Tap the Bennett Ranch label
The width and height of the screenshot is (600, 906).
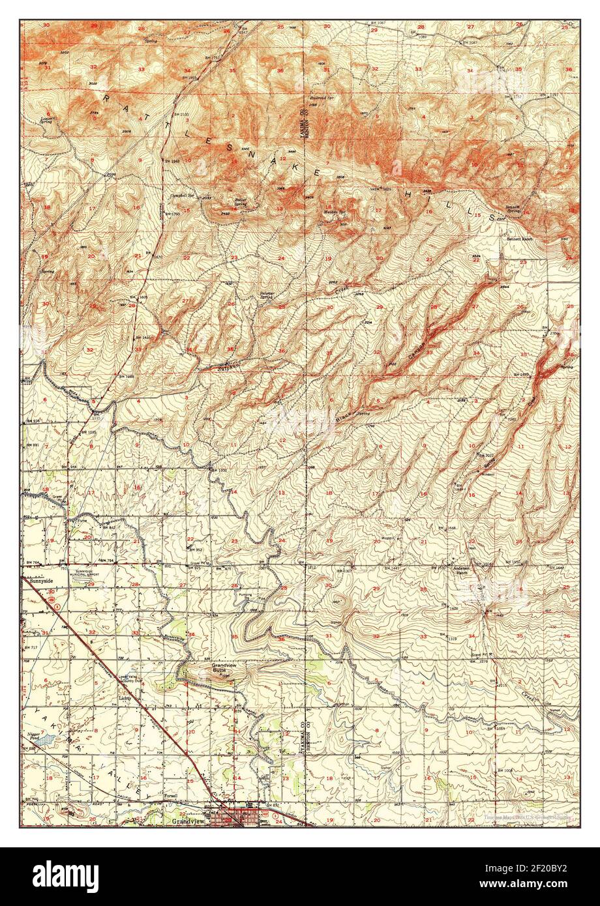click(520, 239)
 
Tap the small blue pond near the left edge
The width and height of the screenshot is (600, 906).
click(42, 740)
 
